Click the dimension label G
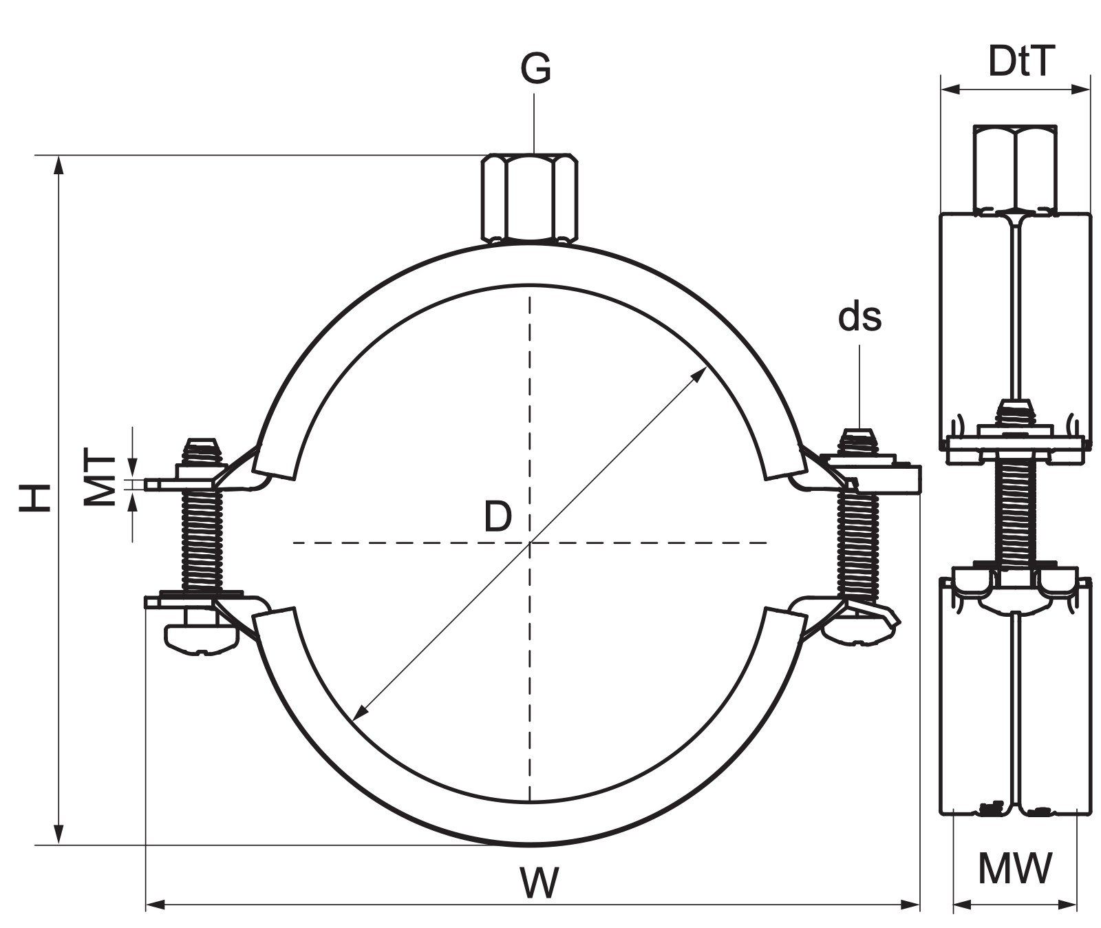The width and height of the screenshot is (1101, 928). [x=535, y=67]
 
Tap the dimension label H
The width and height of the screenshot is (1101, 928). [x=35, y=497]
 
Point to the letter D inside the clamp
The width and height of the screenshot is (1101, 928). [x=498, y=516]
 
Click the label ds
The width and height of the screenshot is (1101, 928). [x=859, y=317]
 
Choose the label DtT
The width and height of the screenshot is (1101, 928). [x=1021, y=61]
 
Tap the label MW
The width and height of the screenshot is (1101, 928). [x=1015, y=868]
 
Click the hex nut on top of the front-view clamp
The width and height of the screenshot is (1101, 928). [x=529, y=198]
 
